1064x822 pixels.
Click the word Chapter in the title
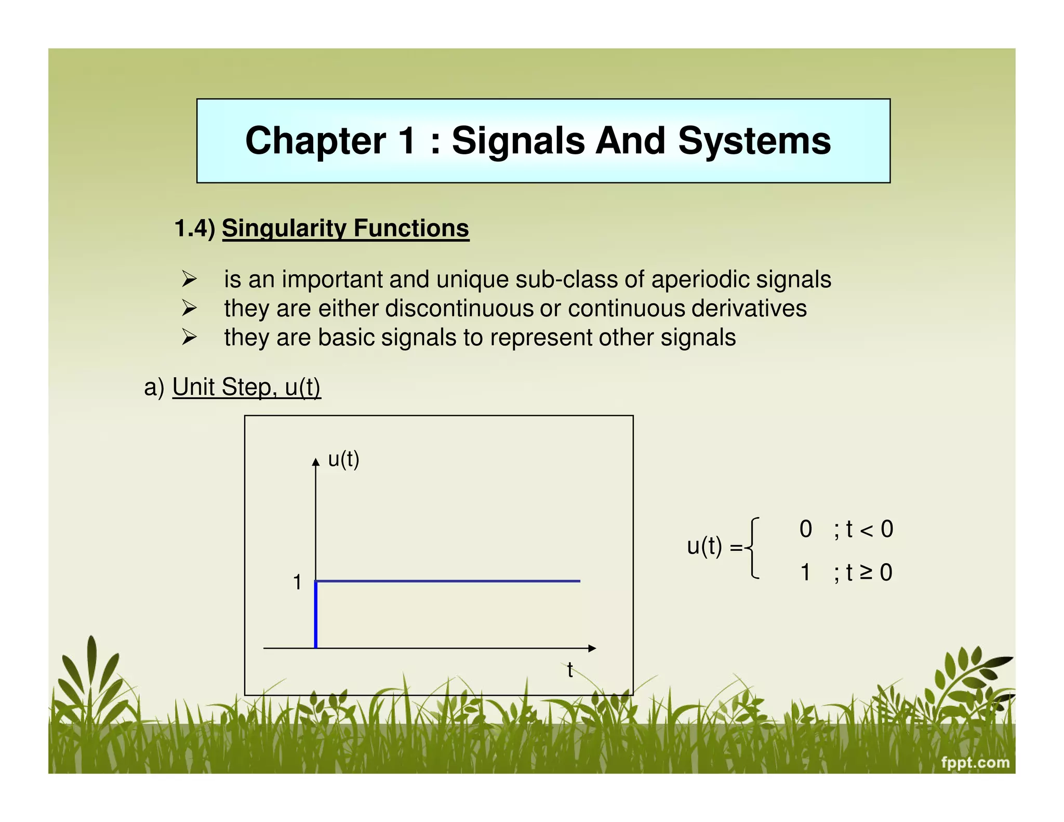315,141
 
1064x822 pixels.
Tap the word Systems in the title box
754,141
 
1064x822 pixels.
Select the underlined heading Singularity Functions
345,229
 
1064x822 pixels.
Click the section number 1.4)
195,229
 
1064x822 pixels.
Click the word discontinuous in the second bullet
459,308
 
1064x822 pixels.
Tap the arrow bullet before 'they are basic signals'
189,338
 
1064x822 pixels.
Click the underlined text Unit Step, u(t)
246,387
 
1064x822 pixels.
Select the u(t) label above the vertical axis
343,459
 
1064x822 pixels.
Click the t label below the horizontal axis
570,670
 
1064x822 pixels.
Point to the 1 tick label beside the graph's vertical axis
297,582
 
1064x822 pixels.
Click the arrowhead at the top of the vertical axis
315,462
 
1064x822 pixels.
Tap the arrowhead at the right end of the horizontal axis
592,648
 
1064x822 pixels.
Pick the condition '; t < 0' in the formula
863,529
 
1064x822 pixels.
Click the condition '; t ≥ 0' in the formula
863,573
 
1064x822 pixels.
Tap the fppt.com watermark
975,763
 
